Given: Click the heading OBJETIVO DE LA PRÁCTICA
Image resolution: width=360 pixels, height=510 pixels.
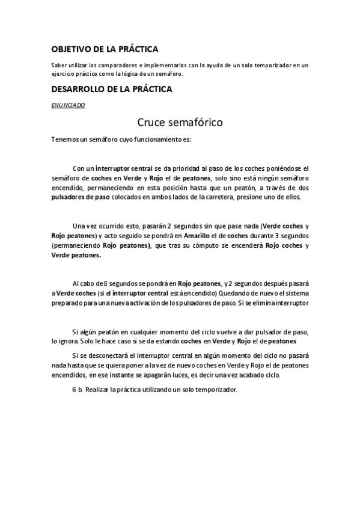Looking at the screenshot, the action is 105,49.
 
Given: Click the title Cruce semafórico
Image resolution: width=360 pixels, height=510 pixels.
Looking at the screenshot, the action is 180,123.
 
